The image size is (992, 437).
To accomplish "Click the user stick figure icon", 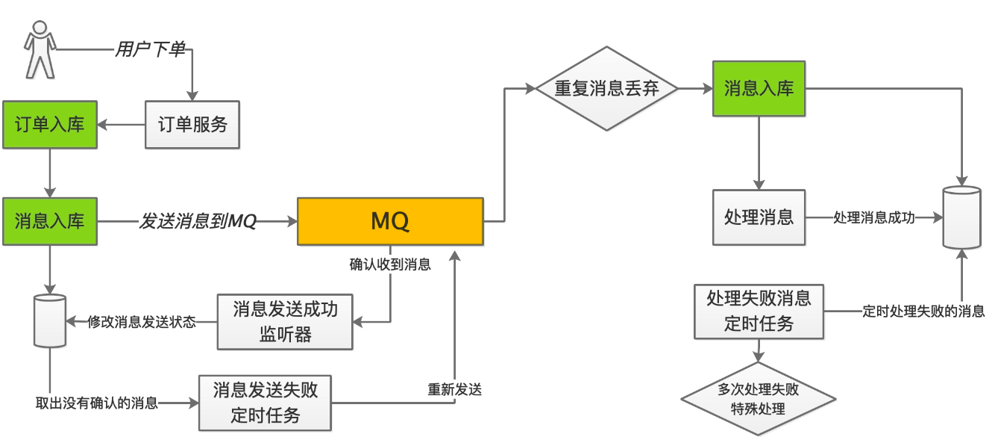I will click(x=40, y=50).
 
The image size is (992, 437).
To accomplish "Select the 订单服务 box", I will click(x=192, y=124).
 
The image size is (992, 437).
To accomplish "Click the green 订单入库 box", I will click(x=49, y=124).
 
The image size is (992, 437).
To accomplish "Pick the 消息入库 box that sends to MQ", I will click(x=49, y=221).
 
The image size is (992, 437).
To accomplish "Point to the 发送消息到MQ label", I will click(x=198, y=221).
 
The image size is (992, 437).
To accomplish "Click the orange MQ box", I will click(x=390, y=221).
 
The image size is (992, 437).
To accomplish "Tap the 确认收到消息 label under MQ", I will click(x=390, y=264).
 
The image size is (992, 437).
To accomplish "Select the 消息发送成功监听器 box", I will click(x=285, y=322).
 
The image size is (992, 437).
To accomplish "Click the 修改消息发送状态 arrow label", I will click(x=142, y=322).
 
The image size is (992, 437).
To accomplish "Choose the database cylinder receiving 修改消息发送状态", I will click(x=50, y=320).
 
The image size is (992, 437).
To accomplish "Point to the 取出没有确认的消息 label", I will click(x=97, y=403).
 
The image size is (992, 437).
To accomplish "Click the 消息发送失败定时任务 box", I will click(x=265, y=403).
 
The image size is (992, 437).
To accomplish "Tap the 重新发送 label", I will click(x=454, y=389).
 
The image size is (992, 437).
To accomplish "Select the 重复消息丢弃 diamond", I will click(x=606, y=88).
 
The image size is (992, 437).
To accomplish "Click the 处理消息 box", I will click(x=759, y=217).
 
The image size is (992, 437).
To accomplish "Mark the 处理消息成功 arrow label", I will click(x=872, y=217).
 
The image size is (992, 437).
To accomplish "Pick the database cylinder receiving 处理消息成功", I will click(x=962, y=217).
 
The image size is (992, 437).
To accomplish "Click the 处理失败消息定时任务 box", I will click(x=759, y=311).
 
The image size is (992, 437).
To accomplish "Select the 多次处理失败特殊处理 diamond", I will click(x=759, y=399).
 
